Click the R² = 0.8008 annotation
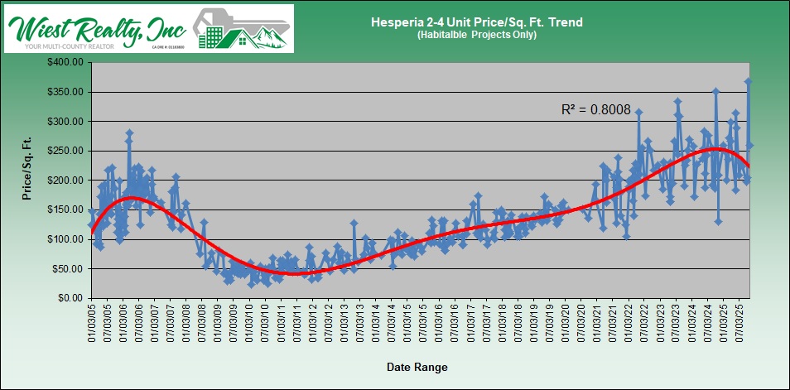[x=590, y=109]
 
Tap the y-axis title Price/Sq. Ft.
[x=27, y=167]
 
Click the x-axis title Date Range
[x=419, y=366]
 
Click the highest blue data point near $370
[x=748, y=81]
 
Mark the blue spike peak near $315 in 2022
[x=638, y=112]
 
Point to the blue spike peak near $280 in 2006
[x=129, y=132]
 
